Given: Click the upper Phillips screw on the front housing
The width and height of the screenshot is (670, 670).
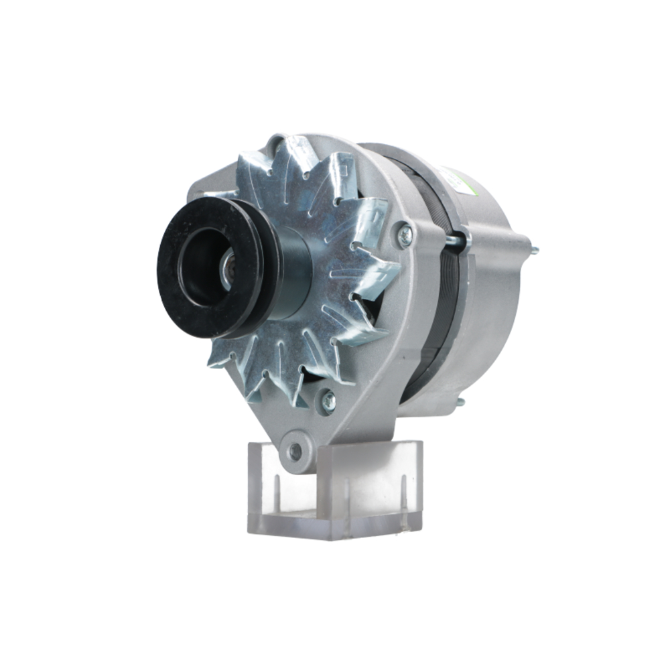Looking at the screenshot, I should pos(405,234).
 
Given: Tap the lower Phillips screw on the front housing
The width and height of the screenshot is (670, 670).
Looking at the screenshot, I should pos(328,400).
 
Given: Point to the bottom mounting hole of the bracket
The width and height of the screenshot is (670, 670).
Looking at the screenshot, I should pos(295,450).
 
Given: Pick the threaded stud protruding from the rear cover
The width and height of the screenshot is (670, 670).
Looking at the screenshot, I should pos(533,252).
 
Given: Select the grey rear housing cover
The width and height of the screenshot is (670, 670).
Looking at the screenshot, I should pos(496,301).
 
